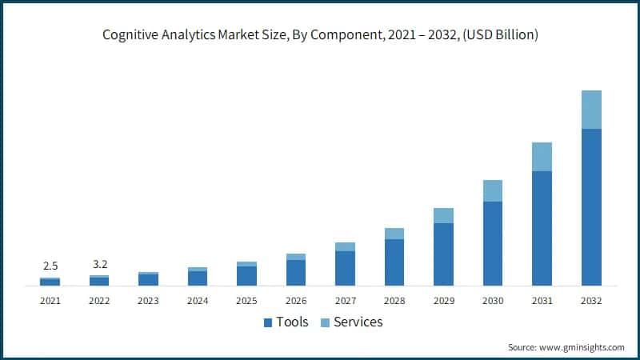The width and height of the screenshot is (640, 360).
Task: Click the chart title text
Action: (x=320, y=35)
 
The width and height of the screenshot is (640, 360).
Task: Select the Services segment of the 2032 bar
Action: (x=591, y=110)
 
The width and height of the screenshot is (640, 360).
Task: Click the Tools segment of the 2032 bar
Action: (x=591, y=207)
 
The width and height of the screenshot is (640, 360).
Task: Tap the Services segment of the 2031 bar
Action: (x=542, y=157)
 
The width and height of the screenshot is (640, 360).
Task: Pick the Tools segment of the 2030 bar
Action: (x=493, y=243)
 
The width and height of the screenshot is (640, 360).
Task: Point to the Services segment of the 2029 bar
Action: (x=443, y=215)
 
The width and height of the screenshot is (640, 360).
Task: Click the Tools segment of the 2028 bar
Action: (x=394, y=262)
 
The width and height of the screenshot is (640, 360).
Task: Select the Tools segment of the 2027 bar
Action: (x=345, y=268)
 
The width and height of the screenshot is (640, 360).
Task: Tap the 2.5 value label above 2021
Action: (x=50, y=266)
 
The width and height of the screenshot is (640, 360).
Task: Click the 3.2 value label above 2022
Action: (x=99, y=262)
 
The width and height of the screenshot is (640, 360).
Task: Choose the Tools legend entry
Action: (x=286, y=322)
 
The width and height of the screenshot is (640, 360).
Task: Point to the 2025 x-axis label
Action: (x=246, y=301)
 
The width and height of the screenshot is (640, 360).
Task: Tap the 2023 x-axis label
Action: (x=148, y=301)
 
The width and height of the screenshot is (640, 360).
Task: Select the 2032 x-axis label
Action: (x=591, y=301)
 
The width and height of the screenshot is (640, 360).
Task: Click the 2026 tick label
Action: (x=296, y=301)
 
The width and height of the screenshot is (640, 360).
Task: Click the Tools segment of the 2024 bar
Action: (x=198, y=278)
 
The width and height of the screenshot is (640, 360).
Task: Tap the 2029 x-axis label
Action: (x=443, y=301)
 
